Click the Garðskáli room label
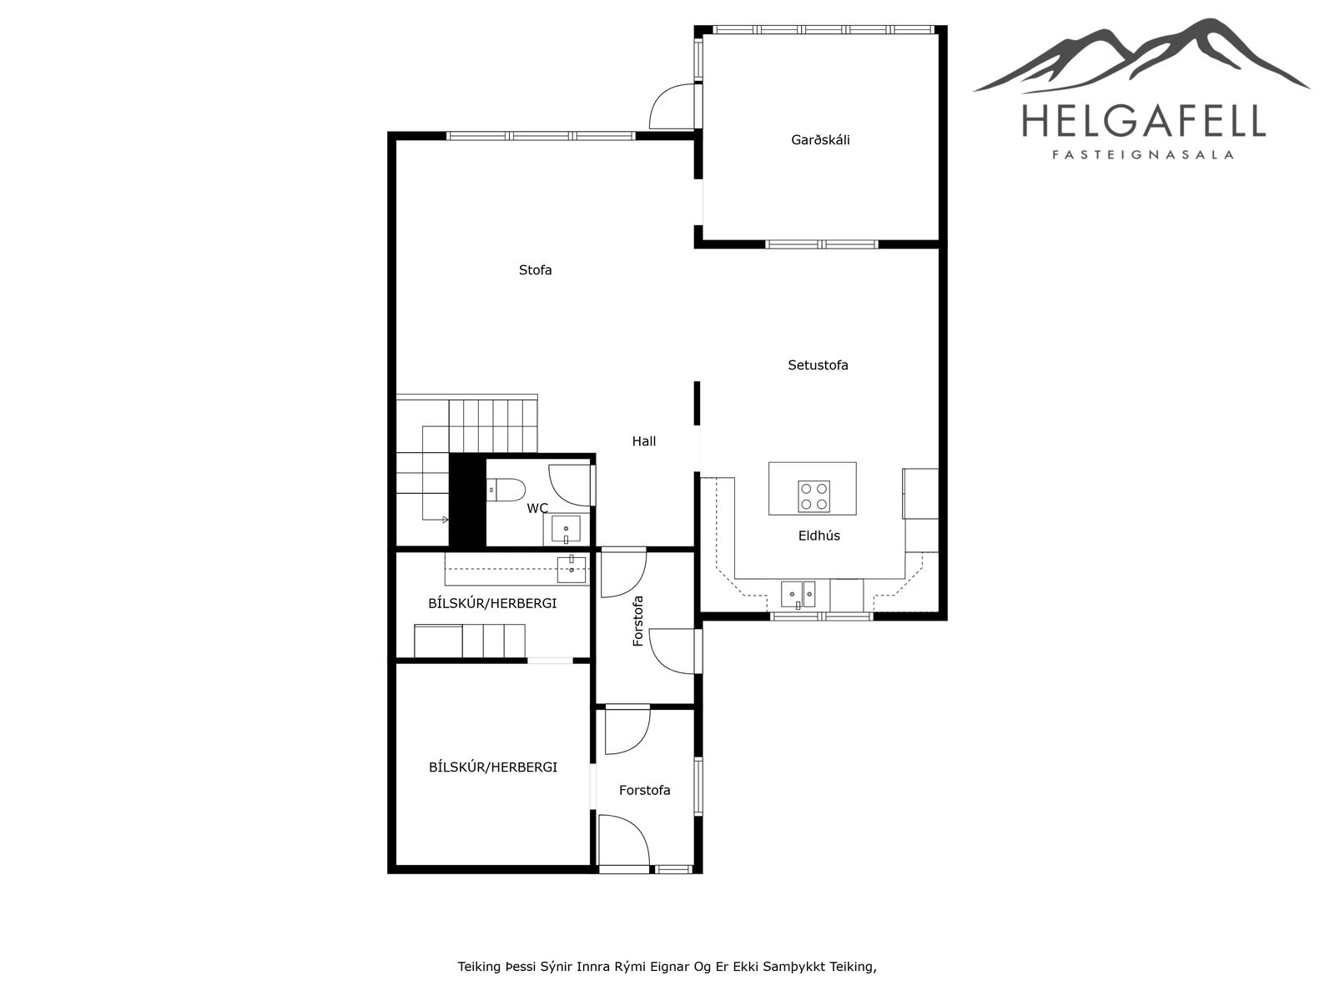tap(820, 140)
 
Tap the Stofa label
tap(535, 269)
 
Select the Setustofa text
tap(818, 365)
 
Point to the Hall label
tap(643, 441)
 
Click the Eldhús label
tap(819, 536)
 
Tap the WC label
tap(537, 508)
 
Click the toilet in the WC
tap(506, 490)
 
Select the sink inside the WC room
tap(567, 530)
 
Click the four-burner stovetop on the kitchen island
tap(814, 496)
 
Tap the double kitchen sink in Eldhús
tap(798, 595)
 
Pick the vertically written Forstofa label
tap(637, 621)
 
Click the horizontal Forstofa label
tap(644, 790)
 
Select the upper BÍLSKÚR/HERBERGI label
tap(492, 603)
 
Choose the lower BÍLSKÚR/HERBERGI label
tap(492, 767)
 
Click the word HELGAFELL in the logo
tap(1143, 121)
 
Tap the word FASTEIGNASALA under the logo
tap(1143, 155)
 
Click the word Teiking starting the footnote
tap(479, 967)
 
